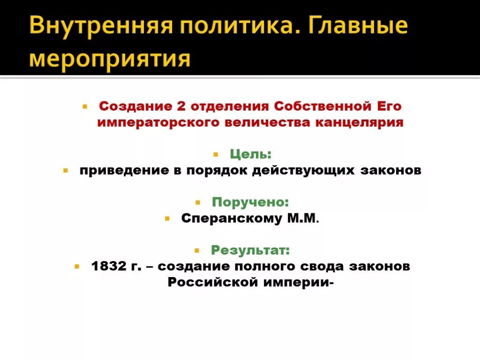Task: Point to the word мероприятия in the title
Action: (111, 58)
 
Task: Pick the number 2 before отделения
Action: (181, 106)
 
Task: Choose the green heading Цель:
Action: (250, 154)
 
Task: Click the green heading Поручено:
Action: (250, 202)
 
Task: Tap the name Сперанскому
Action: (231, 218)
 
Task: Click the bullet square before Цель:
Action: (216, 154)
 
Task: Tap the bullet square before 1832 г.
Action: (76, 266)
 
